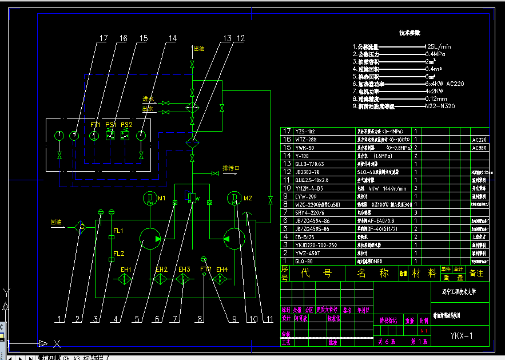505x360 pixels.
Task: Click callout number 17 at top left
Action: (103, 39)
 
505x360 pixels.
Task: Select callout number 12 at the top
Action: (240, 39)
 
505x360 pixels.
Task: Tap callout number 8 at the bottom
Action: (200, 319)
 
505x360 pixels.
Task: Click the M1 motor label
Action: (162, 199)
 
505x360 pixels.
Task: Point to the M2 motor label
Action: (248, 199)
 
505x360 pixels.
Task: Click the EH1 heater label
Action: (126, 270)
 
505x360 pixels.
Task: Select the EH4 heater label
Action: (222, 270)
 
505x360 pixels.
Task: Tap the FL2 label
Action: (118, 254)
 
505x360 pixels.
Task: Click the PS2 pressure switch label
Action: (126, 125)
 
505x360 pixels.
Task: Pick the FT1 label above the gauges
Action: (95, 125)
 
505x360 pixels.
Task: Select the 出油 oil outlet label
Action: (199, 49)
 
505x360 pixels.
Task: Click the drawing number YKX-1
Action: (461, 336)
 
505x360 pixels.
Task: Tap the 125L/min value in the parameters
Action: (438, 46)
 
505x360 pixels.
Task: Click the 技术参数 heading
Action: (409, 33)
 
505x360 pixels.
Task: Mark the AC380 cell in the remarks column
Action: (479, 148)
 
